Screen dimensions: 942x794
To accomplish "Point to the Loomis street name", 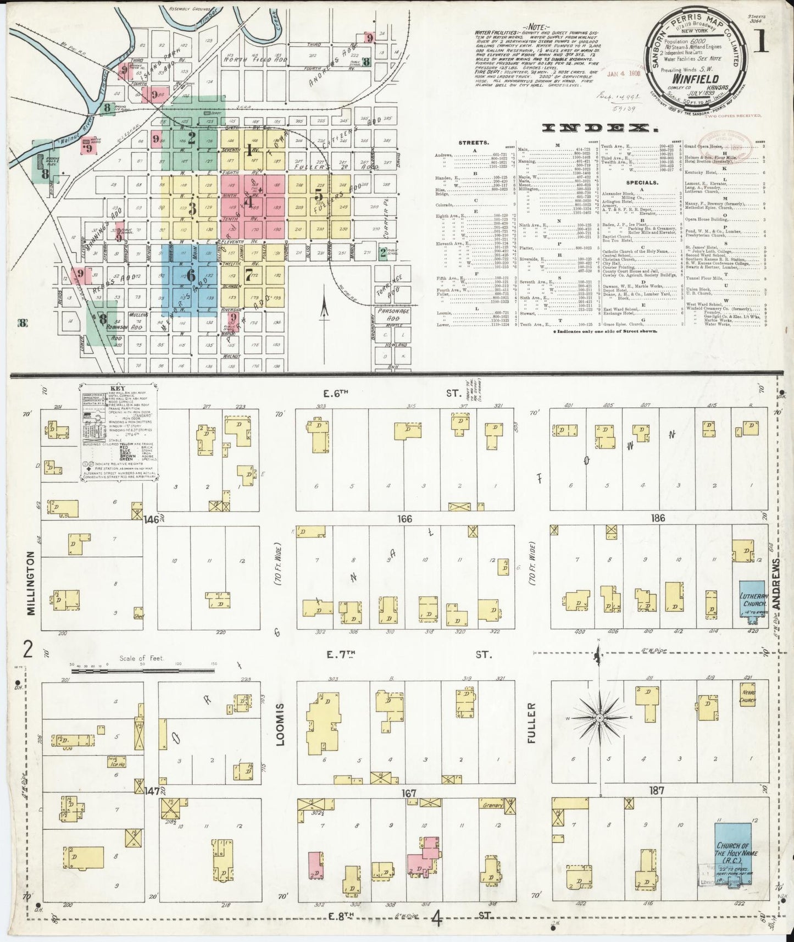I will (281, 725).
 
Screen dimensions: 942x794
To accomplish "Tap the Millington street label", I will (30, 583).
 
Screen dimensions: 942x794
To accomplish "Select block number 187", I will (657, 791).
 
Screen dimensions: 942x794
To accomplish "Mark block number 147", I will (152, 791).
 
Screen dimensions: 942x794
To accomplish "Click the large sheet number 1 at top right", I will (760, 43).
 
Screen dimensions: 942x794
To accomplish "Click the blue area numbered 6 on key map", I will (191, 274).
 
